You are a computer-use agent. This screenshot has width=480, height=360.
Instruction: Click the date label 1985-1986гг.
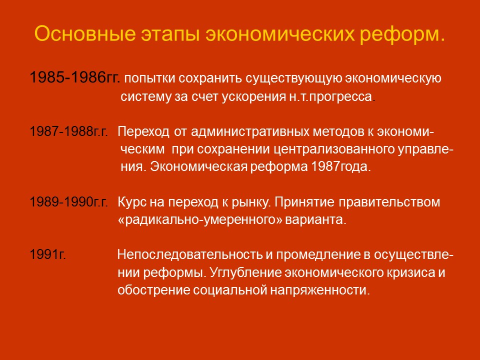74,78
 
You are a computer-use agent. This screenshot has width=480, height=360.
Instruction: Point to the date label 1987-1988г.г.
69,132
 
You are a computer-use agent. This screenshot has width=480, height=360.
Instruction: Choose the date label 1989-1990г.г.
69,202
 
